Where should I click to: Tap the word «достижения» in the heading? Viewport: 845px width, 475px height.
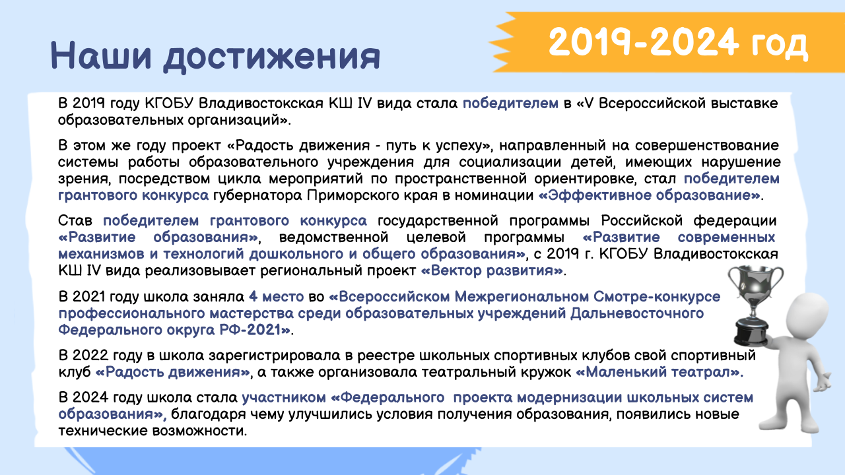point(271,57)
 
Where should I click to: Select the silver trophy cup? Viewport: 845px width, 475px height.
point(755,305)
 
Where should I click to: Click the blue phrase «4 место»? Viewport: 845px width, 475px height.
point(276,297)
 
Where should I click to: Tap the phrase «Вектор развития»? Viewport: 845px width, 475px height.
point(492,270)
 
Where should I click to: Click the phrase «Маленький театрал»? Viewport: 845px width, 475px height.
point(659,372)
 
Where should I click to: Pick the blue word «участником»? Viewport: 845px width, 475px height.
point(284,397)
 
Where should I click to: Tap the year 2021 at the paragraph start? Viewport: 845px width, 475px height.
point(88,297)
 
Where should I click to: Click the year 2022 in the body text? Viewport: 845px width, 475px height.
point(90,355)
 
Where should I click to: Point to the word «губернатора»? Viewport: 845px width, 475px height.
point(257,196)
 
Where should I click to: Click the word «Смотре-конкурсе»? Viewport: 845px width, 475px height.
point(657,297)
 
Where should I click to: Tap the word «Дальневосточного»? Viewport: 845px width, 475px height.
point(637,313)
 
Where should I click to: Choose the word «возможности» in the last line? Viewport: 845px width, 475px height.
point(199,431)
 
